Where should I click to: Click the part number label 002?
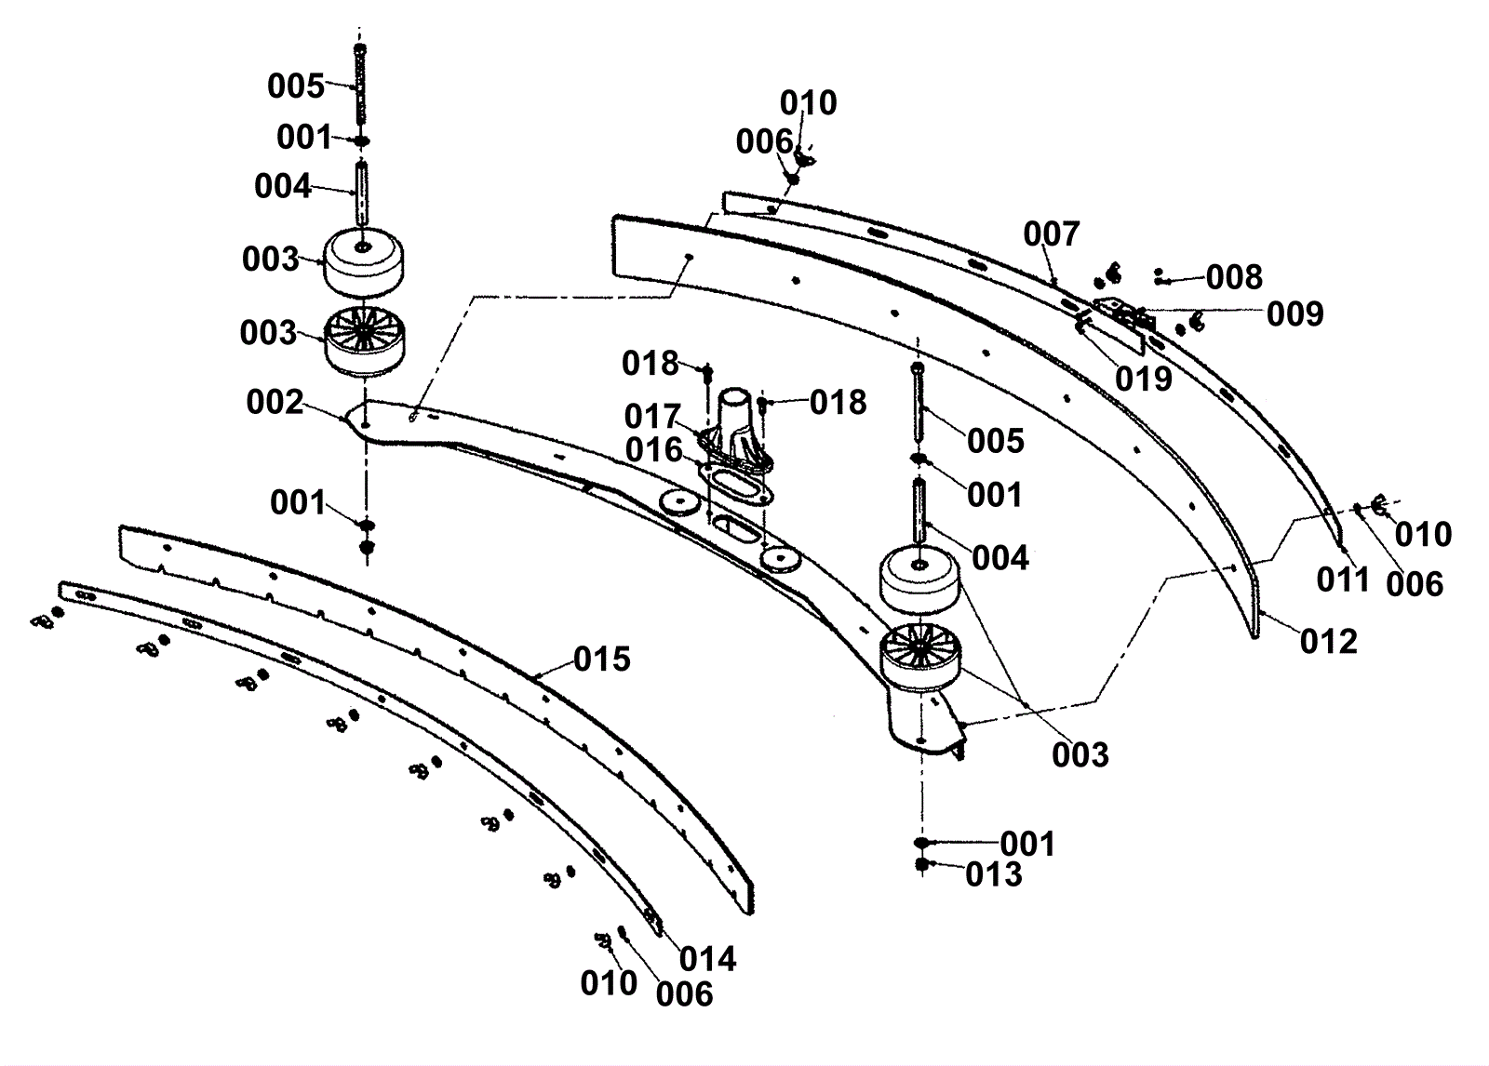click(275, 402)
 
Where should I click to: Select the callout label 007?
click(1052, 233)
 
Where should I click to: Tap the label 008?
click(1234, 277)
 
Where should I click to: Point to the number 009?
click(1294, 314)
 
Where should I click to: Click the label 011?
click(1344, 580)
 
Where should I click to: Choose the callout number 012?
click(1328, 642)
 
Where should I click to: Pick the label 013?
click(994, 875)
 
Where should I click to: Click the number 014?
click(708, 960)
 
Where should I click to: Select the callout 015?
click(601, 660)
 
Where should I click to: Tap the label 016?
click(654, 450)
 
